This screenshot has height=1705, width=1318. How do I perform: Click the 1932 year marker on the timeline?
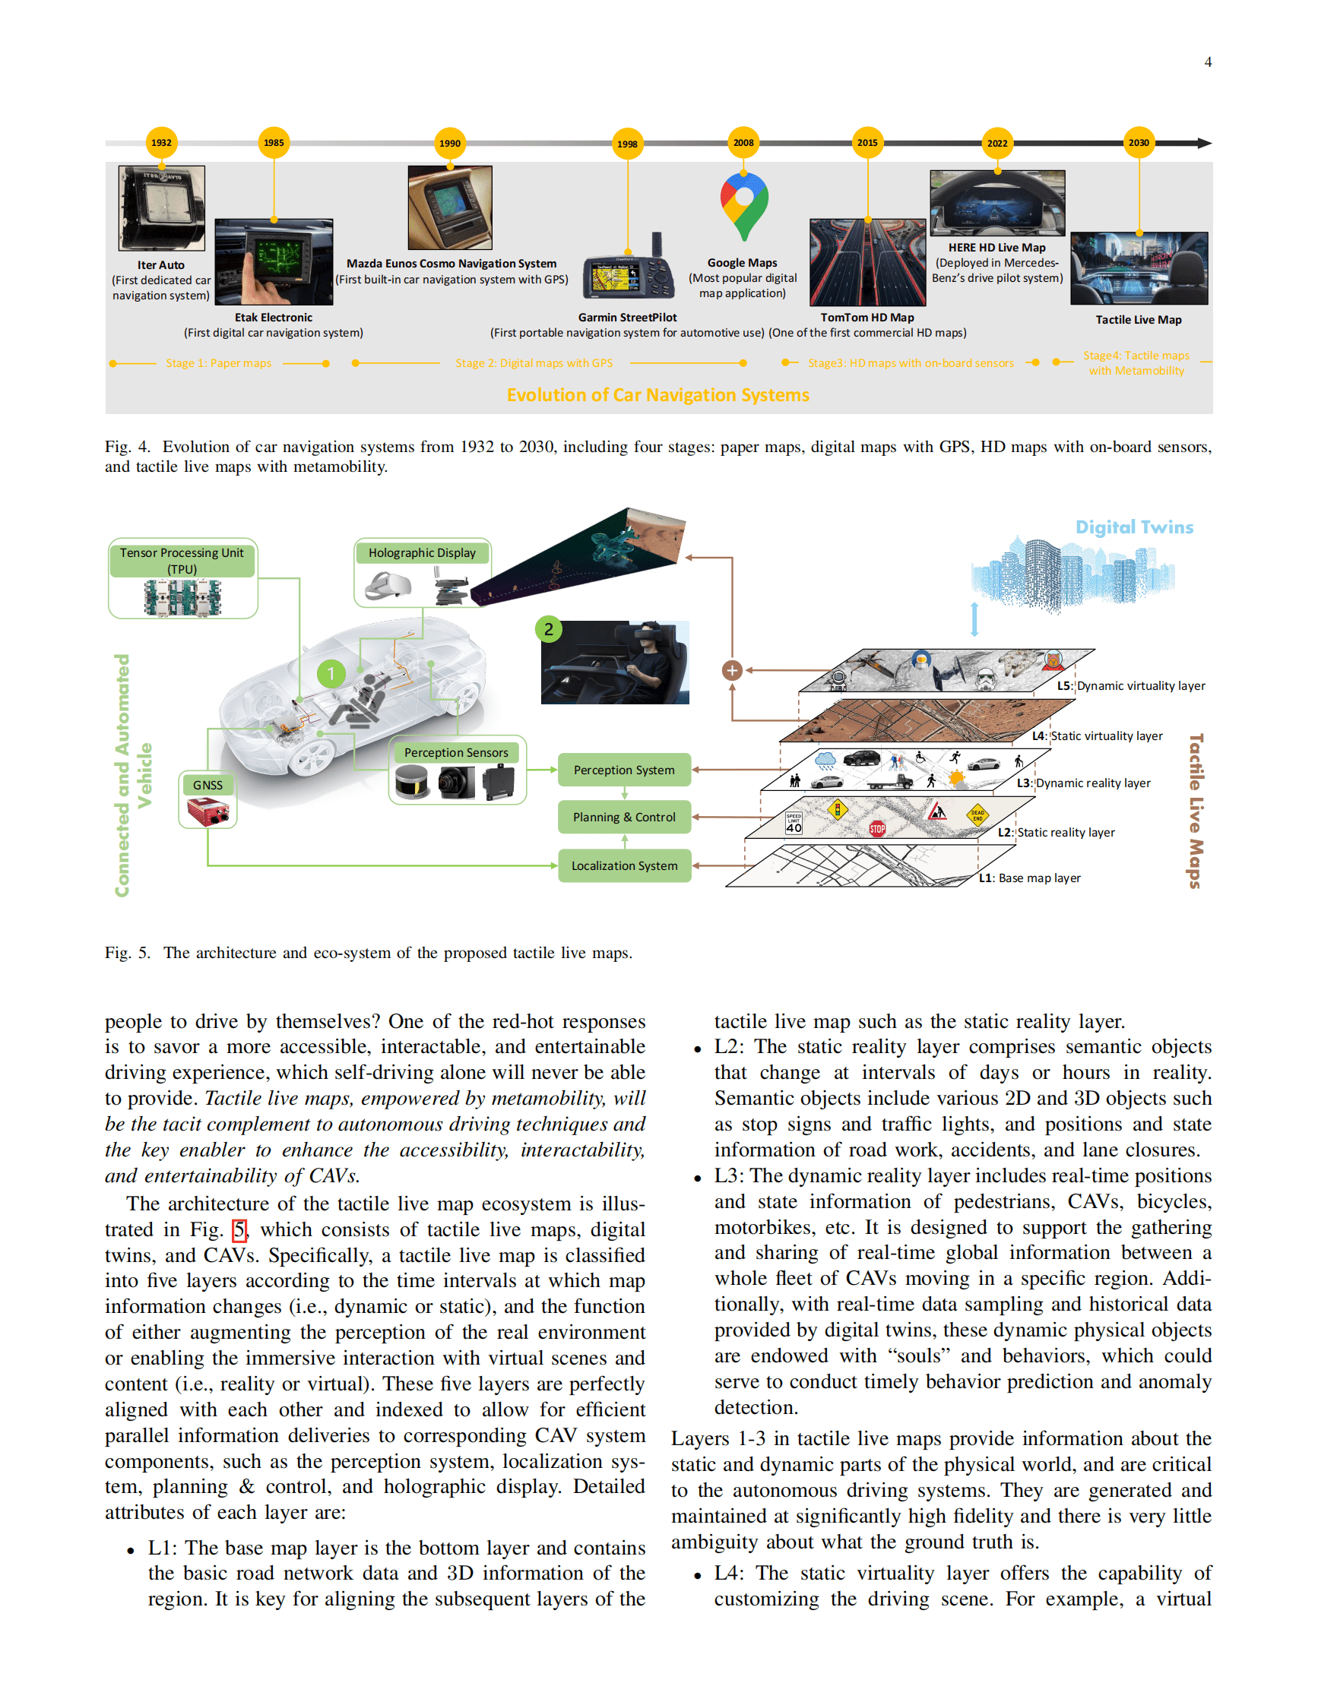[162, 143]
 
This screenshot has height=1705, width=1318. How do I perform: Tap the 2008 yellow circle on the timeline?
[743, 143]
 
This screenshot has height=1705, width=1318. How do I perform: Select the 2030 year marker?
[1138, 143]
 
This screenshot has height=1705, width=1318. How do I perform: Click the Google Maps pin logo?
[743, 205]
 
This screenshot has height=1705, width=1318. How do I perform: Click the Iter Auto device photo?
[162, 207]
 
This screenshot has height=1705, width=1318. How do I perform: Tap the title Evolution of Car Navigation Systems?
[657, 395]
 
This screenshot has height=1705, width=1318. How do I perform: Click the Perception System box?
[624, 770]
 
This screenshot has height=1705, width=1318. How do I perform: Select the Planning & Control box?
[624, 818]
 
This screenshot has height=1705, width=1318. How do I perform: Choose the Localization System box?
[624, 865]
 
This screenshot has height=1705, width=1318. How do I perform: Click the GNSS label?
[208, 786]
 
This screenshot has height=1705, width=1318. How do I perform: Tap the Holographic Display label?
[422, 552]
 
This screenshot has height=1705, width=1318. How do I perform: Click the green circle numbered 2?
[549, 629]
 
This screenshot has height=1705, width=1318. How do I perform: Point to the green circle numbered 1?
[331, 673]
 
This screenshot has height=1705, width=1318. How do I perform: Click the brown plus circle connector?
[732, 671]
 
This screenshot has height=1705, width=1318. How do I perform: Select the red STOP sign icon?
[877, 828]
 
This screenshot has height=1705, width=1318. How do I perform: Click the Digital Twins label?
[1134, 527]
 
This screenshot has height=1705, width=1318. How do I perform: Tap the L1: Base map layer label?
[1030, 878]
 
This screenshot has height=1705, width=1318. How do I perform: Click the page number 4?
[1207, 62]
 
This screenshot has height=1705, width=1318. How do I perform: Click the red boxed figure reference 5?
[239, 1230]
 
